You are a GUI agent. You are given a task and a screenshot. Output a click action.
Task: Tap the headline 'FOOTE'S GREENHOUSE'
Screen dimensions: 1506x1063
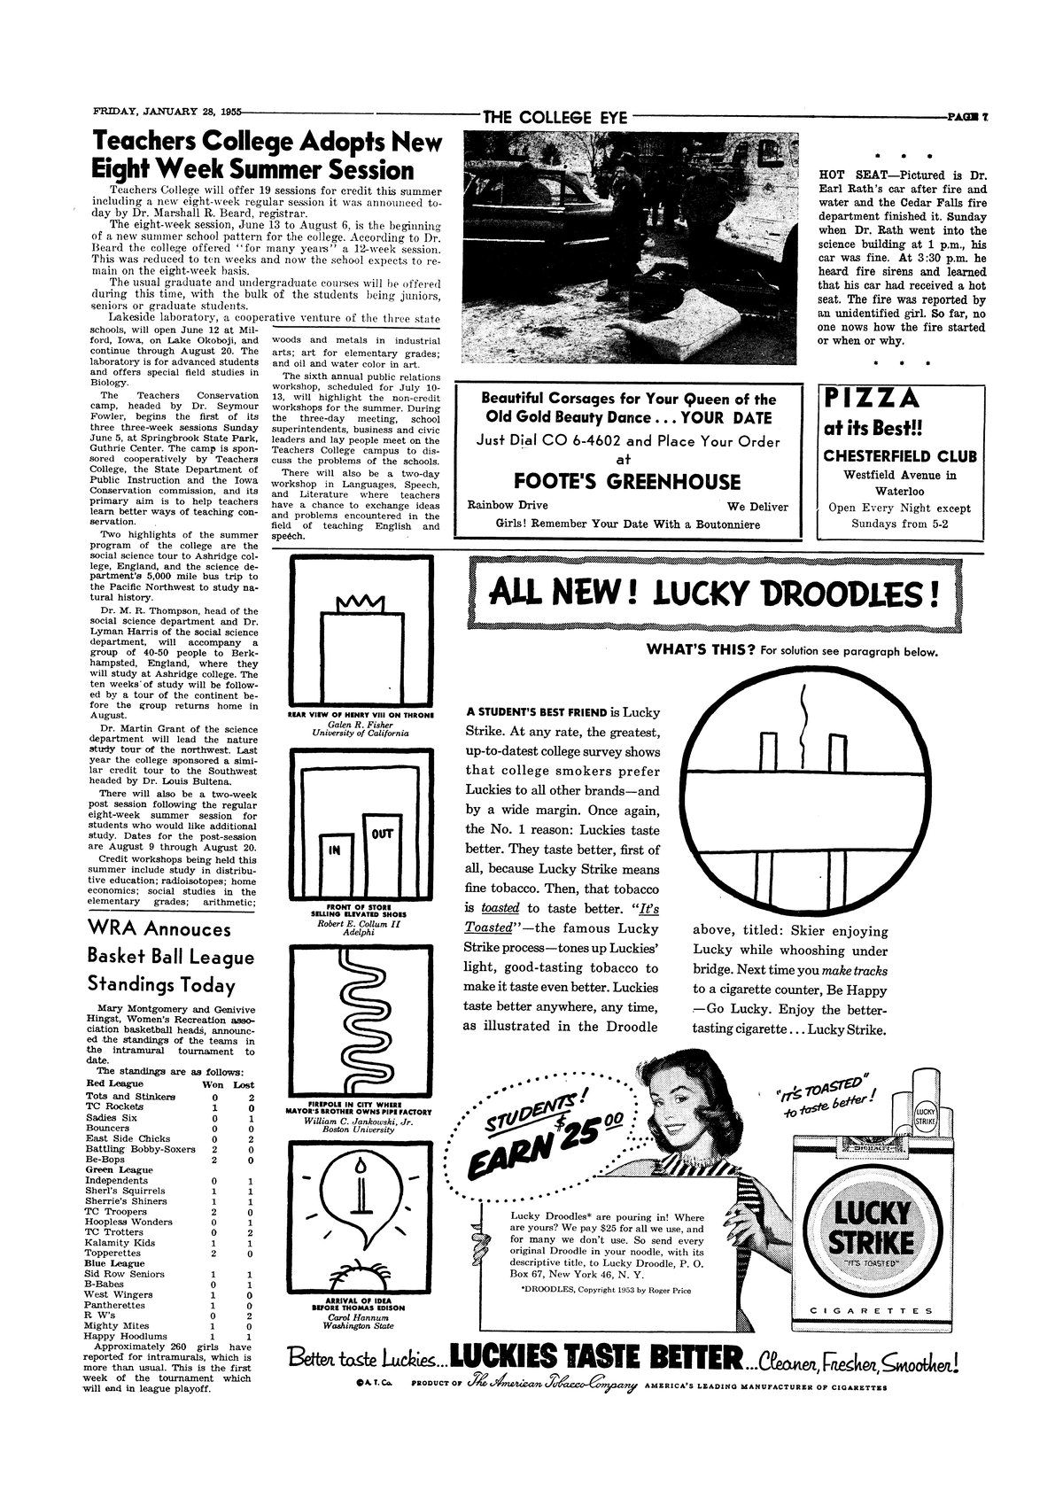coord(627,482)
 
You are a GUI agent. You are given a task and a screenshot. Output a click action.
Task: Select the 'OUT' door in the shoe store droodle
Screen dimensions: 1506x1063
coord(381,835)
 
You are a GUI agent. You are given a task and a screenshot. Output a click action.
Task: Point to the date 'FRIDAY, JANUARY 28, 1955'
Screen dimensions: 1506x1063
coord(167,113)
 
